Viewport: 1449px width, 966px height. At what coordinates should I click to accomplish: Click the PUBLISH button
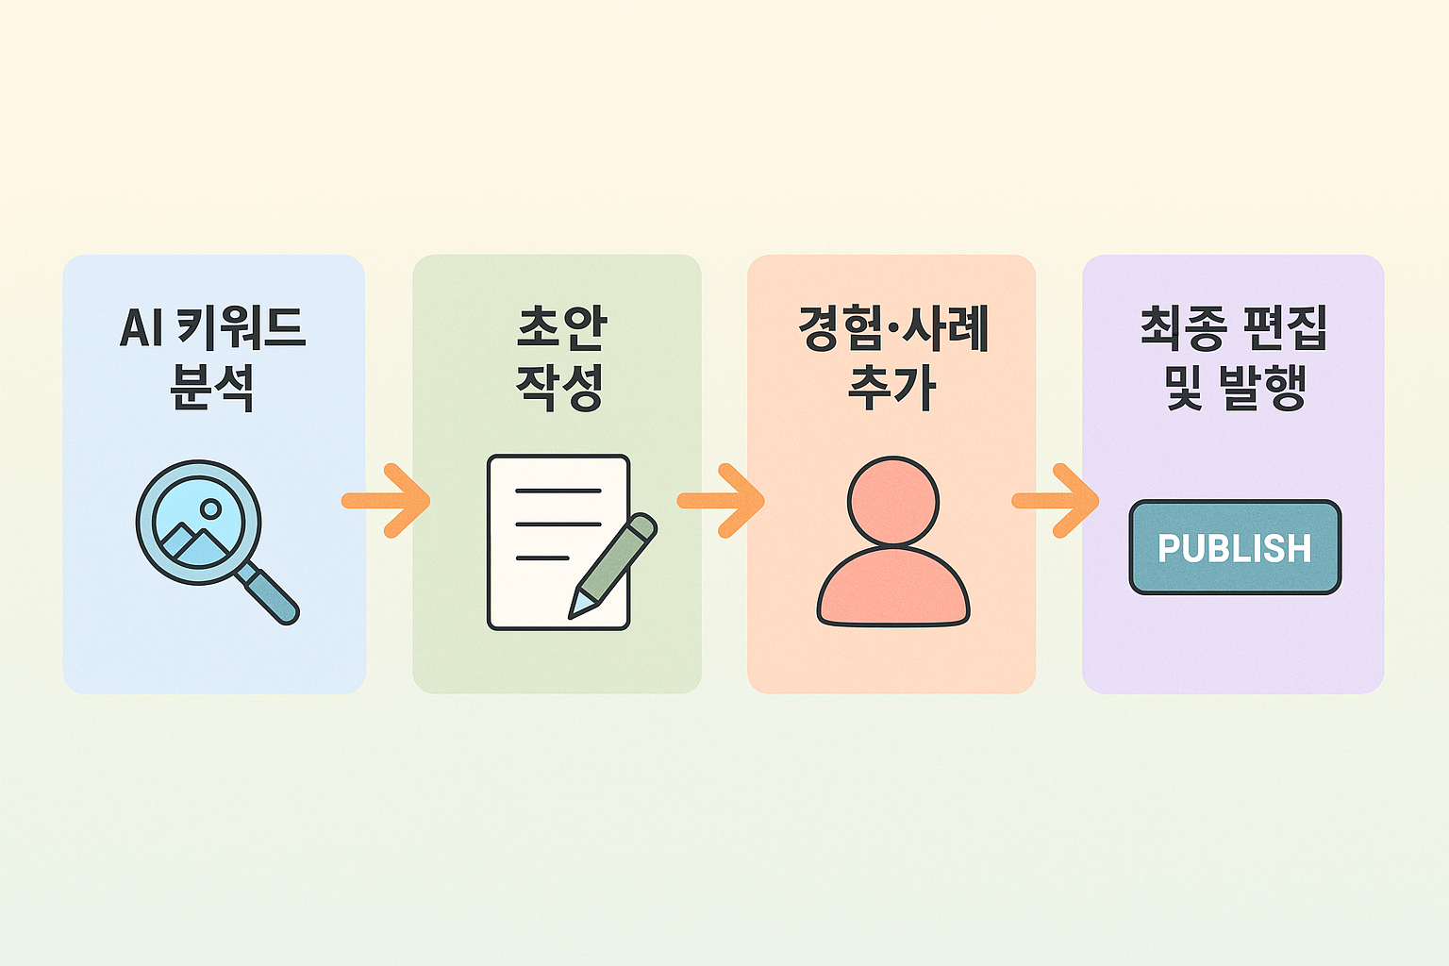pyautogui.click(x=1235, y=547)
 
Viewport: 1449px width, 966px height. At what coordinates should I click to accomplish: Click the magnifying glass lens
pyautogui.click(x=197, y=522)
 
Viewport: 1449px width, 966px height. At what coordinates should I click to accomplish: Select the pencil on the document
pyautogui.click(x=612, y=566)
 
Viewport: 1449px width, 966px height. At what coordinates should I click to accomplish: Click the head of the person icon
pyautogui.click(x=892, y=502)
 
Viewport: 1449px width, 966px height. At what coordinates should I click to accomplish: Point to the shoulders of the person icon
pyautogui.click(x=892, y=590)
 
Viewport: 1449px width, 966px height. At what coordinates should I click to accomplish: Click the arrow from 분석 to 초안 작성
pyautogui.click(x=388, y=501)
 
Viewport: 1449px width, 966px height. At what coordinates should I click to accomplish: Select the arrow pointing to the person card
pyautogui.click(x=722, y=501)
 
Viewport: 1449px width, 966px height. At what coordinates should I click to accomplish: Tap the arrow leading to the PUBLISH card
pyautogui.click(x=1057, y=501)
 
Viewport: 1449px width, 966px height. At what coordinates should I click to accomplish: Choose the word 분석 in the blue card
pyautogui.click(x=212, y=386)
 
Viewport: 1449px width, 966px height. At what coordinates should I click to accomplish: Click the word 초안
pyautogui.click(x=561, y=328)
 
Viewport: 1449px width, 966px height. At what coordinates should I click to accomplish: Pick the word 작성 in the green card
pyautogui.click(x=559, y=386)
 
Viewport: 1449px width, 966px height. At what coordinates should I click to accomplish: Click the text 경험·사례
pyautogui.click(x=892, y=328)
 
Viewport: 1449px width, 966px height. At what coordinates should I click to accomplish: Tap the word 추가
pyautogui.click(x=891, y=386)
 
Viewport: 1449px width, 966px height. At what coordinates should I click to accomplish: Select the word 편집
pyautogui.click(x=1284, y=328)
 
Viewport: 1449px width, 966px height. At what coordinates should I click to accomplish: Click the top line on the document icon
pyautogui.click(x=558, y=491)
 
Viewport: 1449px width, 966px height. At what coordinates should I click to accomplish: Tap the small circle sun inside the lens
pyautogui.click(x=210, y=509)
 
